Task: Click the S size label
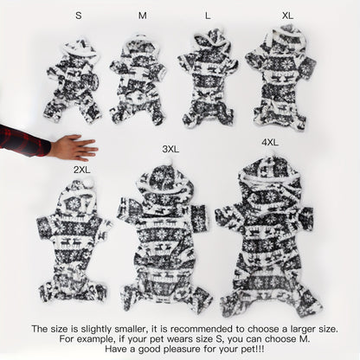pos(79,16)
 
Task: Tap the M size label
pos(142,16)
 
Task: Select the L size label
pos(208,16)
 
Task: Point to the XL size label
pos(287,16)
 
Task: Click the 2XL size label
pos(82,170)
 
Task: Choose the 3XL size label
pos(170,149)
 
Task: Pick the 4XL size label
pos(270,142)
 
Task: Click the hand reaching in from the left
pos(74,148)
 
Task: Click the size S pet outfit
pos(74,80)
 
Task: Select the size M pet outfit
pos(138,80)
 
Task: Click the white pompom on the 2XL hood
pos(89,183)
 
